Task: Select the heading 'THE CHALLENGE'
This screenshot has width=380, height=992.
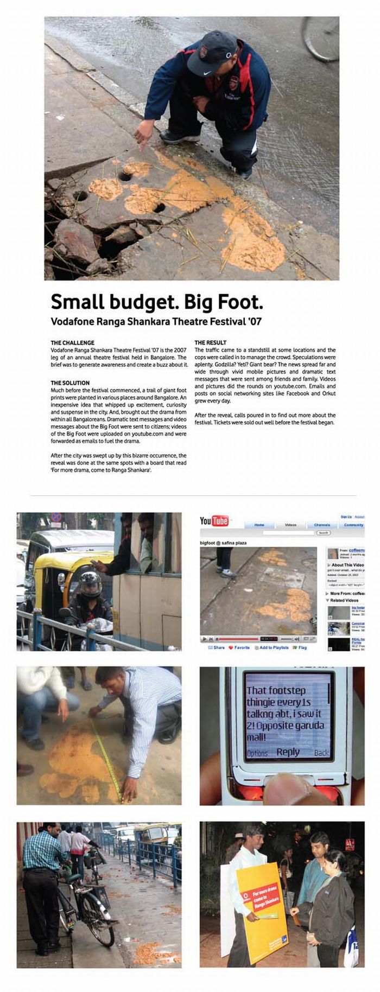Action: pos(73,343)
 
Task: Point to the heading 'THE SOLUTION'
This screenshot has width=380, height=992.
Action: pos(70,383)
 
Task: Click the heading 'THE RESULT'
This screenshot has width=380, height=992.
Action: pos(211,343)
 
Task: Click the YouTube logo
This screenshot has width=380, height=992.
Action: pos(214,521)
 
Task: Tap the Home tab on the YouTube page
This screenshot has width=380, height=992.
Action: pos(259,525)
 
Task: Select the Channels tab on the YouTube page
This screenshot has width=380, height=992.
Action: pos(322,525)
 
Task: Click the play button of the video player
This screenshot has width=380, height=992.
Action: pos(205,639)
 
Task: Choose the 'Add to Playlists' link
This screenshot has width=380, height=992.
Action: pos(274,647)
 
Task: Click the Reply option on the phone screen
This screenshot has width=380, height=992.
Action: pos(288,752)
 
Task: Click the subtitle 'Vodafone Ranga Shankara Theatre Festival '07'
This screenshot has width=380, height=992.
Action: pos(156,321)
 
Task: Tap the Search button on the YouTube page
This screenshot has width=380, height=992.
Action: pos(323,533)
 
